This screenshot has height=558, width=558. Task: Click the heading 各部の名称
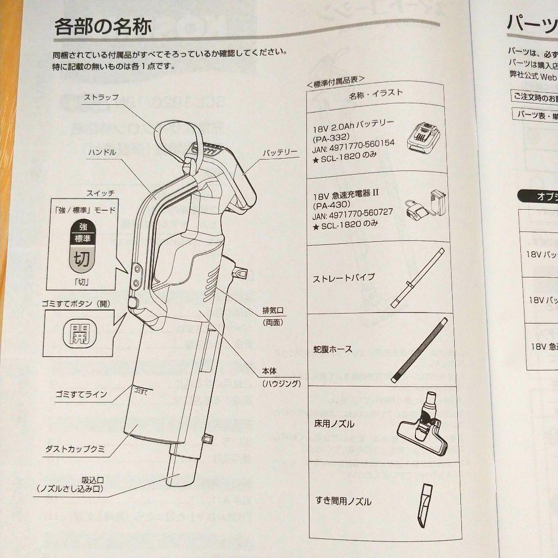click(103, 26)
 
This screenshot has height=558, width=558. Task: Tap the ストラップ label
click(101, 97)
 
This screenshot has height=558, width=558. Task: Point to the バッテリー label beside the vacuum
click(280, 153)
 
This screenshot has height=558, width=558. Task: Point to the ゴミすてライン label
click(81, 395)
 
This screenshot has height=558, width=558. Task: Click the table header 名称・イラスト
click(376, 94)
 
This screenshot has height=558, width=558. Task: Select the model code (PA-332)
click(334, 133)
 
